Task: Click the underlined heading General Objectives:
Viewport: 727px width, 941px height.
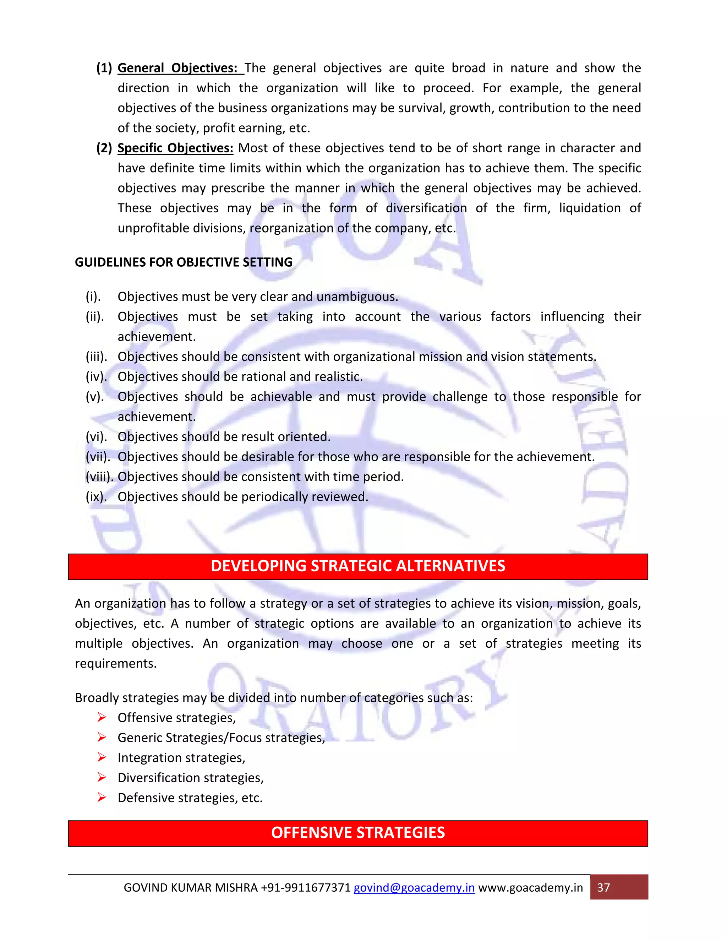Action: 177,68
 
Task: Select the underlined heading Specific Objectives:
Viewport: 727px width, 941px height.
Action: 175,148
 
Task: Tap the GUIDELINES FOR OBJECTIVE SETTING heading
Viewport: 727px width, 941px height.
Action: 184,262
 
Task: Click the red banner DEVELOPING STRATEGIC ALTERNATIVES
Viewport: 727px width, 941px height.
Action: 358,566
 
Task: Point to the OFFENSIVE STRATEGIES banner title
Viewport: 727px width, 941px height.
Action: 358,833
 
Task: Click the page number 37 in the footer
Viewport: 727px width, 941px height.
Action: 603,888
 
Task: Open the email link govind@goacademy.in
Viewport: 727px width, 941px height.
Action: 414,888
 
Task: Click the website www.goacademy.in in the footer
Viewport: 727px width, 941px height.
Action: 531,888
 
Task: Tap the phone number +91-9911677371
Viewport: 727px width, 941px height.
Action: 306,888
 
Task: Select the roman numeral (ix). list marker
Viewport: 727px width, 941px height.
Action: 96,497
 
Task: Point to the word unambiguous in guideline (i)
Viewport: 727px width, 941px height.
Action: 357,297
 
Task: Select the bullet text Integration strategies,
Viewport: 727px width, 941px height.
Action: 181,758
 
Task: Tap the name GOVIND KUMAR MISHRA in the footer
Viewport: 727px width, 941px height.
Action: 190,888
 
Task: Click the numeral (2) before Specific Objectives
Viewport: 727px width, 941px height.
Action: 104,148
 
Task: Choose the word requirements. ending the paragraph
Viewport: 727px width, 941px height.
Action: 116,664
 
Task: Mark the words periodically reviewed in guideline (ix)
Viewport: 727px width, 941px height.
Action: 305,497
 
